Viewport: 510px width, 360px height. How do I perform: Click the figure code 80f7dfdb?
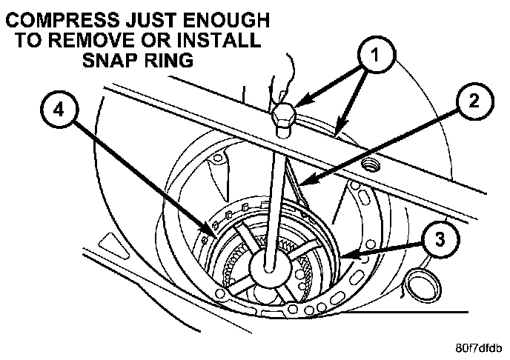(x=478, y=346)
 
